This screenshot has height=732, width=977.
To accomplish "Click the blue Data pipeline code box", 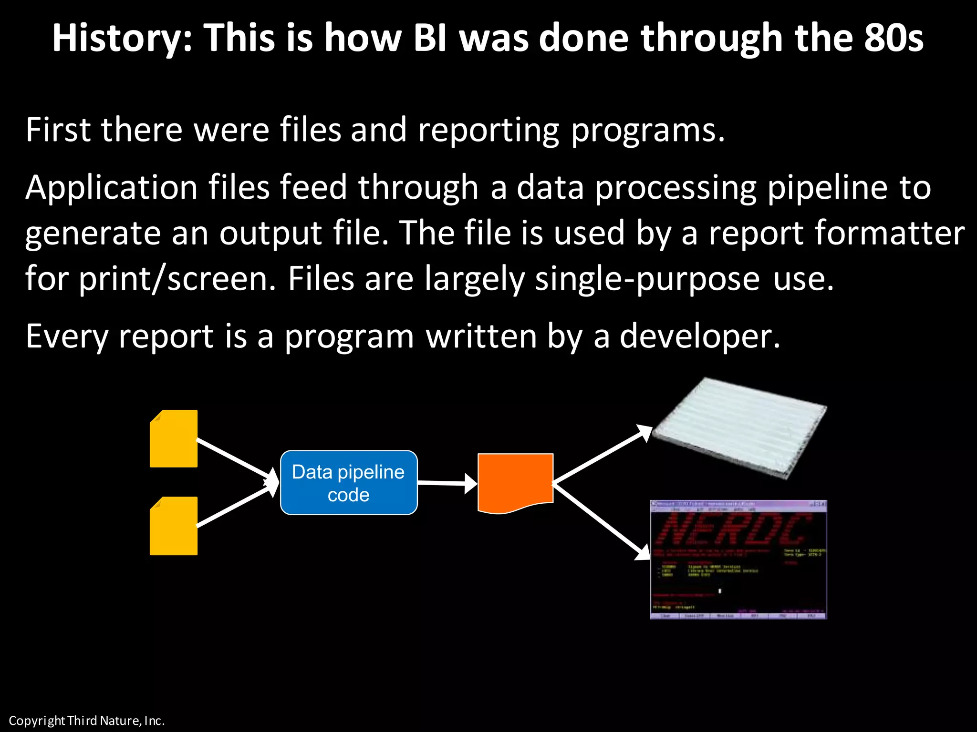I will coord(349,482).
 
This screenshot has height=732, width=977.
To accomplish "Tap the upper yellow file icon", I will coord(174,439).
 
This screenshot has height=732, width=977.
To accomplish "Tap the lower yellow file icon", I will coord(174,526).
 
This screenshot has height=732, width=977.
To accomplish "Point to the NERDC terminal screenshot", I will coord(738,559).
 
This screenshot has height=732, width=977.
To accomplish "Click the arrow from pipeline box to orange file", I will coord(447,483).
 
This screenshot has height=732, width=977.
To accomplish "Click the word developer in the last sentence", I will coord(699,336).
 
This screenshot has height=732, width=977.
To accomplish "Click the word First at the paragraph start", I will coord(58,130).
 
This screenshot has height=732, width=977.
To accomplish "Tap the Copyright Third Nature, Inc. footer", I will coord(86,721).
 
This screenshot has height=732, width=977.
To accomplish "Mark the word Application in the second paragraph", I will coord(112,188).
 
